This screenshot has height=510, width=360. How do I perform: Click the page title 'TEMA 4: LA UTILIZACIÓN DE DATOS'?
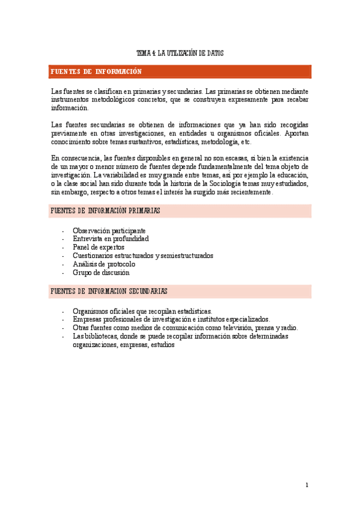pyautogui.click(x=180, y=54)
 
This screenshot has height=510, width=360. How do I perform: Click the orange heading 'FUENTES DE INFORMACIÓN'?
pyautogui.click(x=96, y=72)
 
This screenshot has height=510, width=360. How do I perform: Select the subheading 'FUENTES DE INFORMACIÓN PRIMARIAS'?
pyautogui.click(x=105, y=210)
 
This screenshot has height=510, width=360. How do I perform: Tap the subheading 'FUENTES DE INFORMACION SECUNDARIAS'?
pyautogui.click(x=109, y=291)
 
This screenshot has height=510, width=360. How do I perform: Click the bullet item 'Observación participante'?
pyautogui.click(x=109, y=230)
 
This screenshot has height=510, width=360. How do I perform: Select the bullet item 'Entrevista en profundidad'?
pyautogui.click(x=111, y=239)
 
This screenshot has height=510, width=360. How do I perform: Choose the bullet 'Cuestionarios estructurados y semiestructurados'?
pyautogui.click(x=142, y=256)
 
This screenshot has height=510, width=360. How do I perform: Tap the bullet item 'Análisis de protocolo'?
pyautogui.click(x=104, y=264)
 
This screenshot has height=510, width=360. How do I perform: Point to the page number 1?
pyautogui.click(x=307, y=485)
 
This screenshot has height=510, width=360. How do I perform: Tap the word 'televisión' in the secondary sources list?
pyautogui.click(x=230, y=328)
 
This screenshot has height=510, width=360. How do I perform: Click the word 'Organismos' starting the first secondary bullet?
pyautogui.click(x=90, y=311)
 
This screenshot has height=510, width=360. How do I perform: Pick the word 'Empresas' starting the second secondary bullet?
pyautogui.click(x=87, y=319)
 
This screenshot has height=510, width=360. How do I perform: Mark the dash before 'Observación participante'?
pyautogui.click(x=63, y=231)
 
